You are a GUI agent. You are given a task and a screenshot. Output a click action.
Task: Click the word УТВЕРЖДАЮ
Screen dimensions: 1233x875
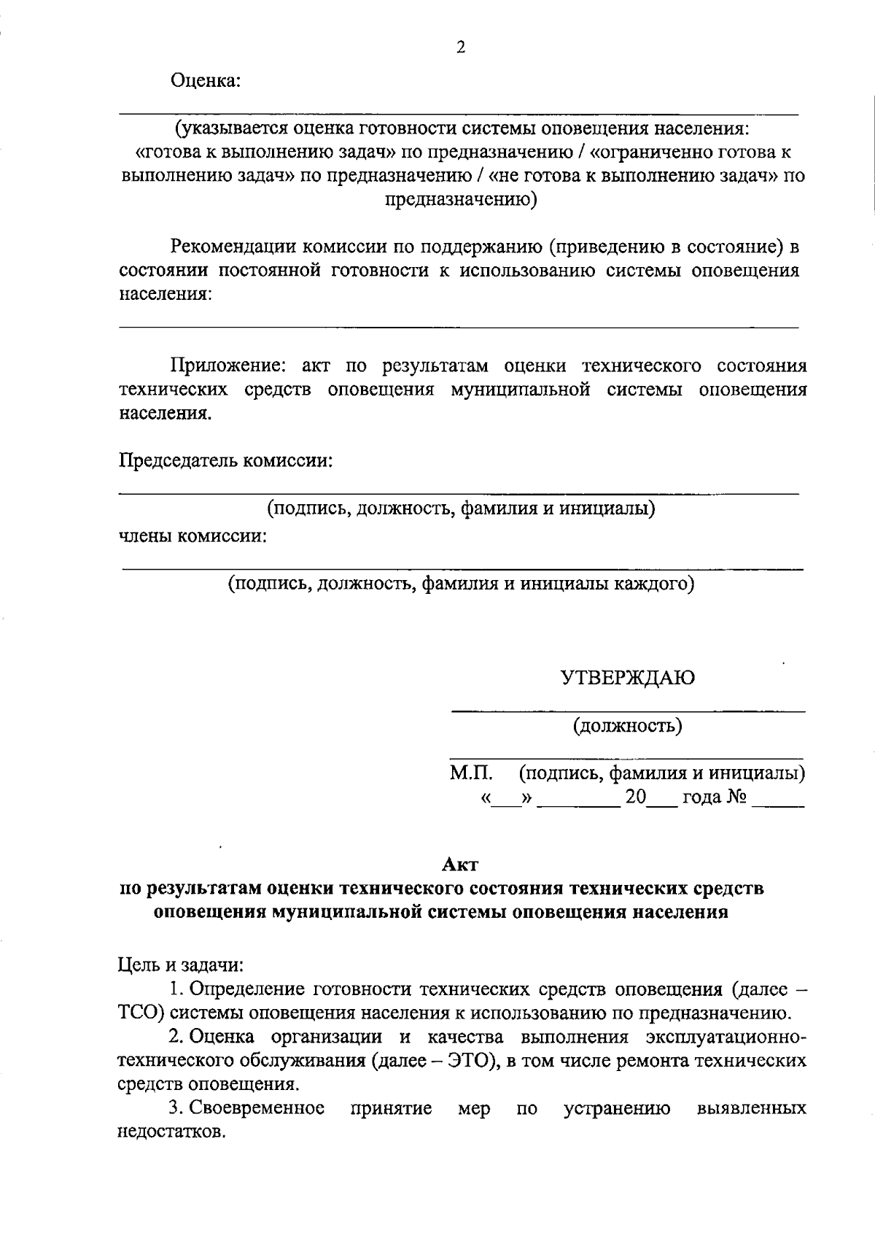pos(628,678)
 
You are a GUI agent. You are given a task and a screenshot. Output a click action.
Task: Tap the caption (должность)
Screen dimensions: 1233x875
pos(628,726)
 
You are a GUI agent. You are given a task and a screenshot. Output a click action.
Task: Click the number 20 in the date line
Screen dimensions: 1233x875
pos(636,797)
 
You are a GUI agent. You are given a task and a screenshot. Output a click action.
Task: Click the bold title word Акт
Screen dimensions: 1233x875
pos(460,865)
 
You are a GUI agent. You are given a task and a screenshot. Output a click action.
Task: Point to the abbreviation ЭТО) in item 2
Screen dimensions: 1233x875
pos(471,1060)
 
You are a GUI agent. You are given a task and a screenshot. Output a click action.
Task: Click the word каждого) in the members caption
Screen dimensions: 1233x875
pos(654,584)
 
